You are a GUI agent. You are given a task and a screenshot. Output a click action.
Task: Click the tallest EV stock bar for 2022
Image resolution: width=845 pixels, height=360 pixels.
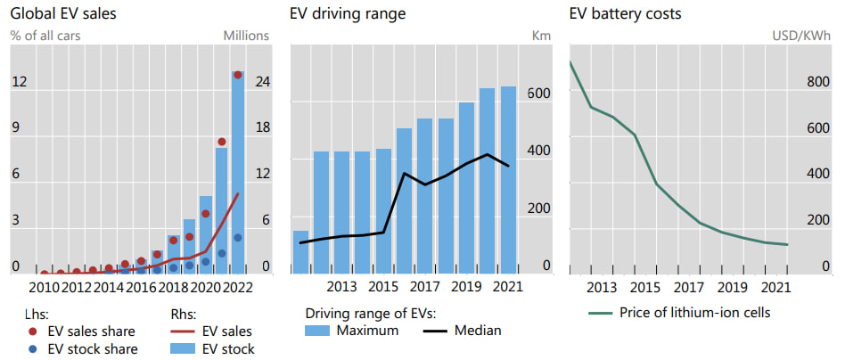pyautogui.click(x=238, y=169)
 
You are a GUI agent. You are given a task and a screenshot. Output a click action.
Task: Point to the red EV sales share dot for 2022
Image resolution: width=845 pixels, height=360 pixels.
pyautogui.click(x=238, y=75)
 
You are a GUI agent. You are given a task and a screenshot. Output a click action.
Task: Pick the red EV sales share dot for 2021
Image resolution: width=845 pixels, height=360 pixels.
pyautogui.click(x=222, y=142)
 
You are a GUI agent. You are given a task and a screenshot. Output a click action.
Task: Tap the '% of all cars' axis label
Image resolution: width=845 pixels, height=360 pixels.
pyautogui.click(x=45, y=36)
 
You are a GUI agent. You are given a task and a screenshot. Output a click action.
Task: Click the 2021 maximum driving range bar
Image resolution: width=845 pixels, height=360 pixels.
pyautogui.click(x=508, y=178)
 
